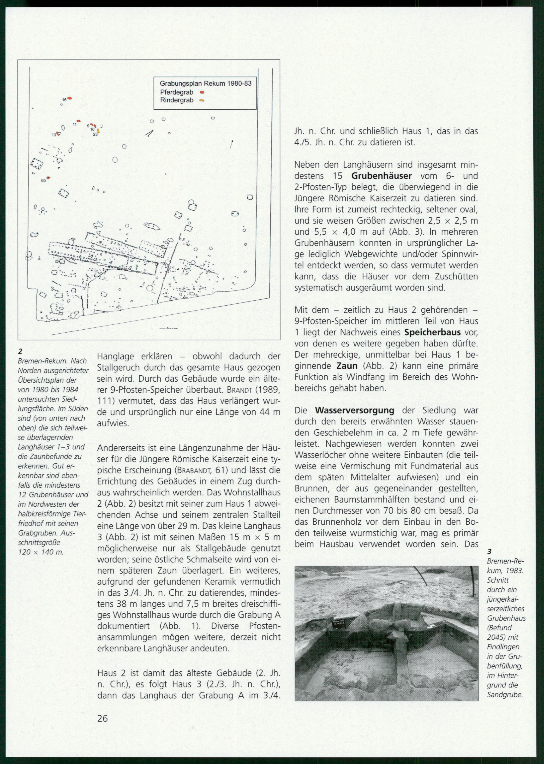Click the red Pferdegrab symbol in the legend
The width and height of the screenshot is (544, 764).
pos(202,92)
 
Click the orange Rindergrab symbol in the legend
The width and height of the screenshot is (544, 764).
pos(202,100)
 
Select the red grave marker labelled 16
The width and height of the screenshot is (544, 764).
pos(70,98)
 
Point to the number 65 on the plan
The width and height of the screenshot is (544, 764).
pos(43,180)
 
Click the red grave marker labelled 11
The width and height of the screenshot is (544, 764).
pos(79,121)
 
